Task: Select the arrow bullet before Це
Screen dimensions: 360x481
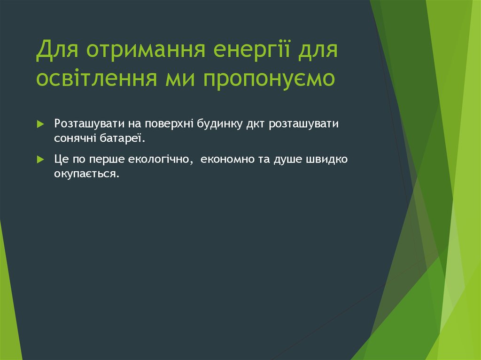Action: [40, 160]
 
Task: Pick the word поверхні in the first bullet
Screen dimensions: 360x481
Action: [166, 125]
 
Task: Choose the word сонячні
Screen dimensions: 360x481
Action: [74, 138]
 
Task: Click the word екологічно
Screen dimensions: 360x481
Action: [159, 160]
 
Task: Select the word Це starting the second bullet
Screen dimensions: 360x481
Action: [62, 160]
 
